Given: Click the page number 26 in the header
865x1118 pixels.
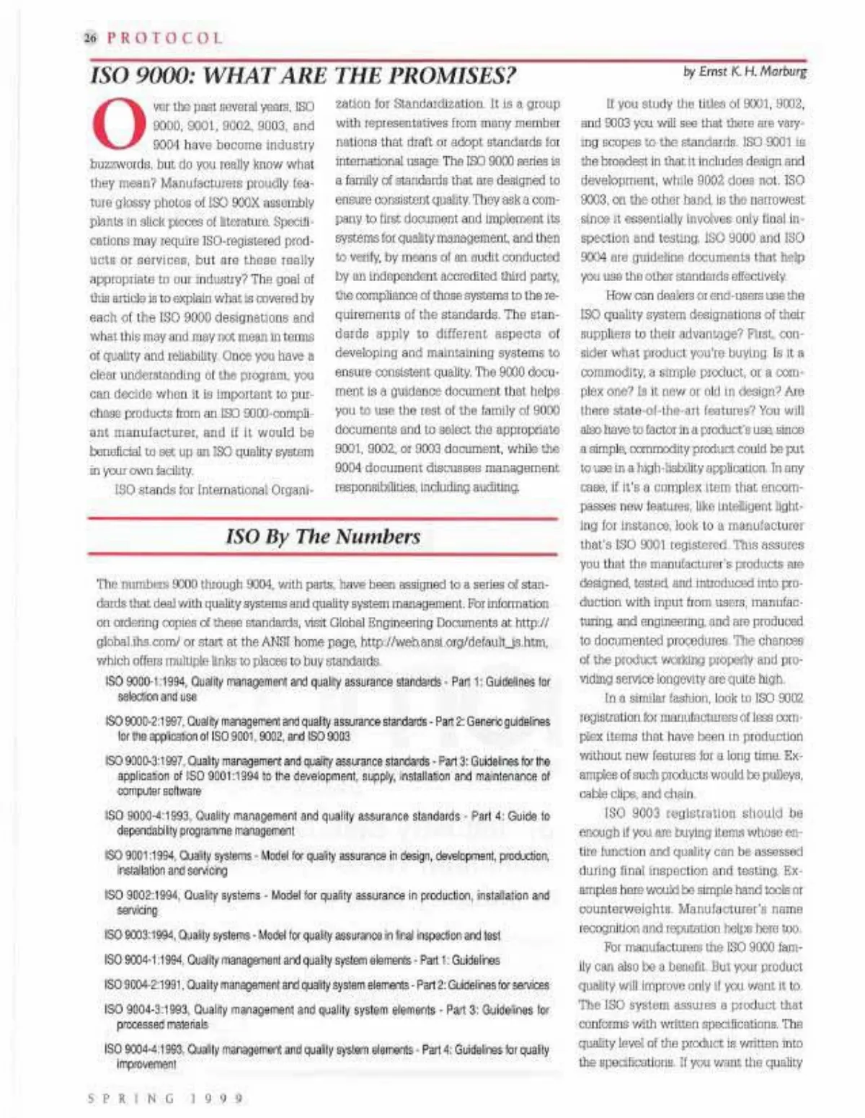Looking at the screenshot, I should point(90,38).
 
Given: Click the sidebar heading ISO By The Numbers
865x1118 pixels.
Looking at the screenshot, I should point(322,536).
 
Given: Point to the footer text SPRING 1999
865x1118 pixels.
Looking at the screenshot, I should point(166,1099).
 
